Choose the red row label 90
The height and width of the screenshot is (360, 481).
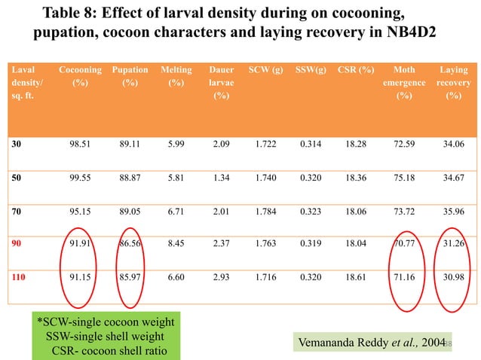point(17,244)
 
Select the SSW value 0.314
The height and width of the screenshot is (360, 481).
point(311,142)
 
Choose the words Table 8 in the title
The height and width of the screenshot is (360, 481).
point(72,14)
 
